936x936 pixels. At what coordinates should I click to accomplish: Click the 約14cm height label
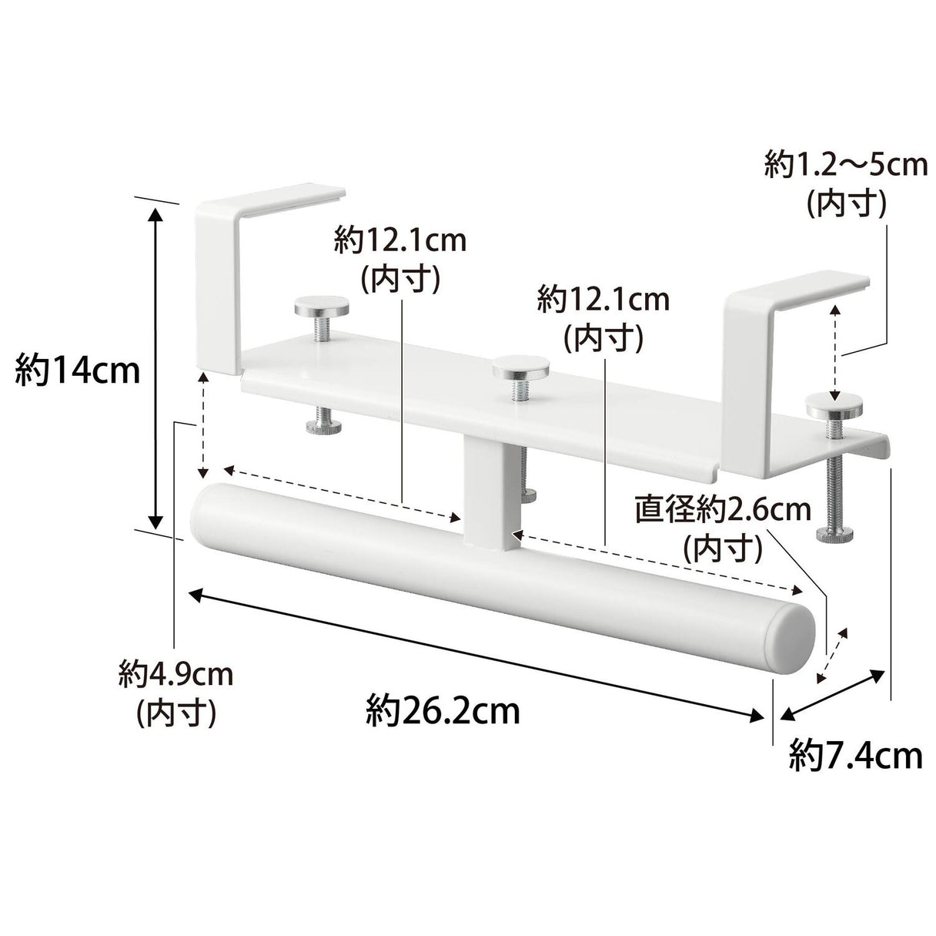click(78, 371)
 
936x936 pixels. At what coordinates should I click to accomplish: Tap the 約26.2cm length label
click(443, 711)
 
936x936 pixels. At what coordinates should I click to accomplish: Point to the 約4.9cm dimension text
click(176, 675)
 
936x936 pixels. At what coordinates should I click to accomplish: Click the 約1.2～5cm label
click(846, 166)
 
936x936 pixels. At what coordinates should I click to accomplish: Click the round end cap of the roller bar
click(792, 644)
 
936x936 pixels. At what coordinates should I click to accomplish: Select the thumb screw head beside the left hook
click(322, 306)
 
